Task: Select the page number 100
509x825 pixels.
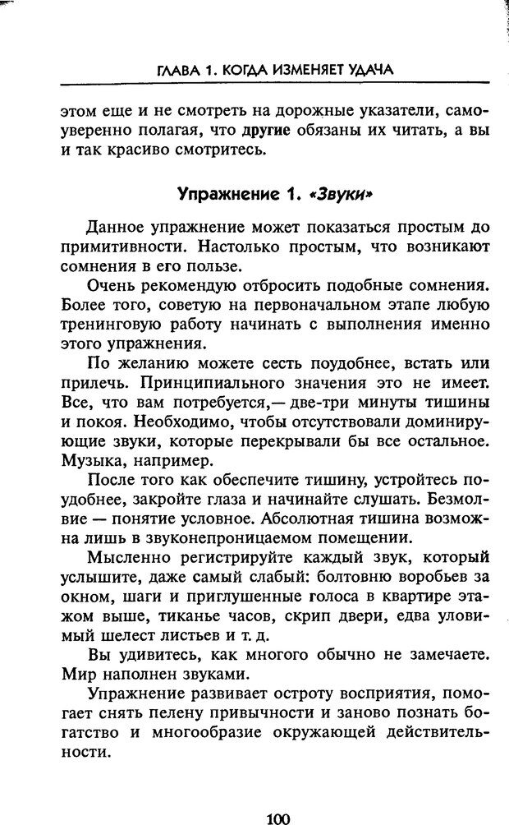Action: [x=278, y=816]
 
